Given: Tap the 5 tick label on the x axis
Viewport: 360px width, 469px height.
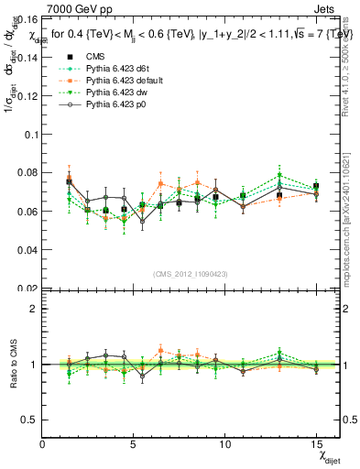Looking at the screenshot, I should (134, 443).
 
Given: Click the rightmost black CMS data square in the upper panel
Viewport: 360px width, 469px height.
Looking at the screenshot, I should (316, 187).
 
